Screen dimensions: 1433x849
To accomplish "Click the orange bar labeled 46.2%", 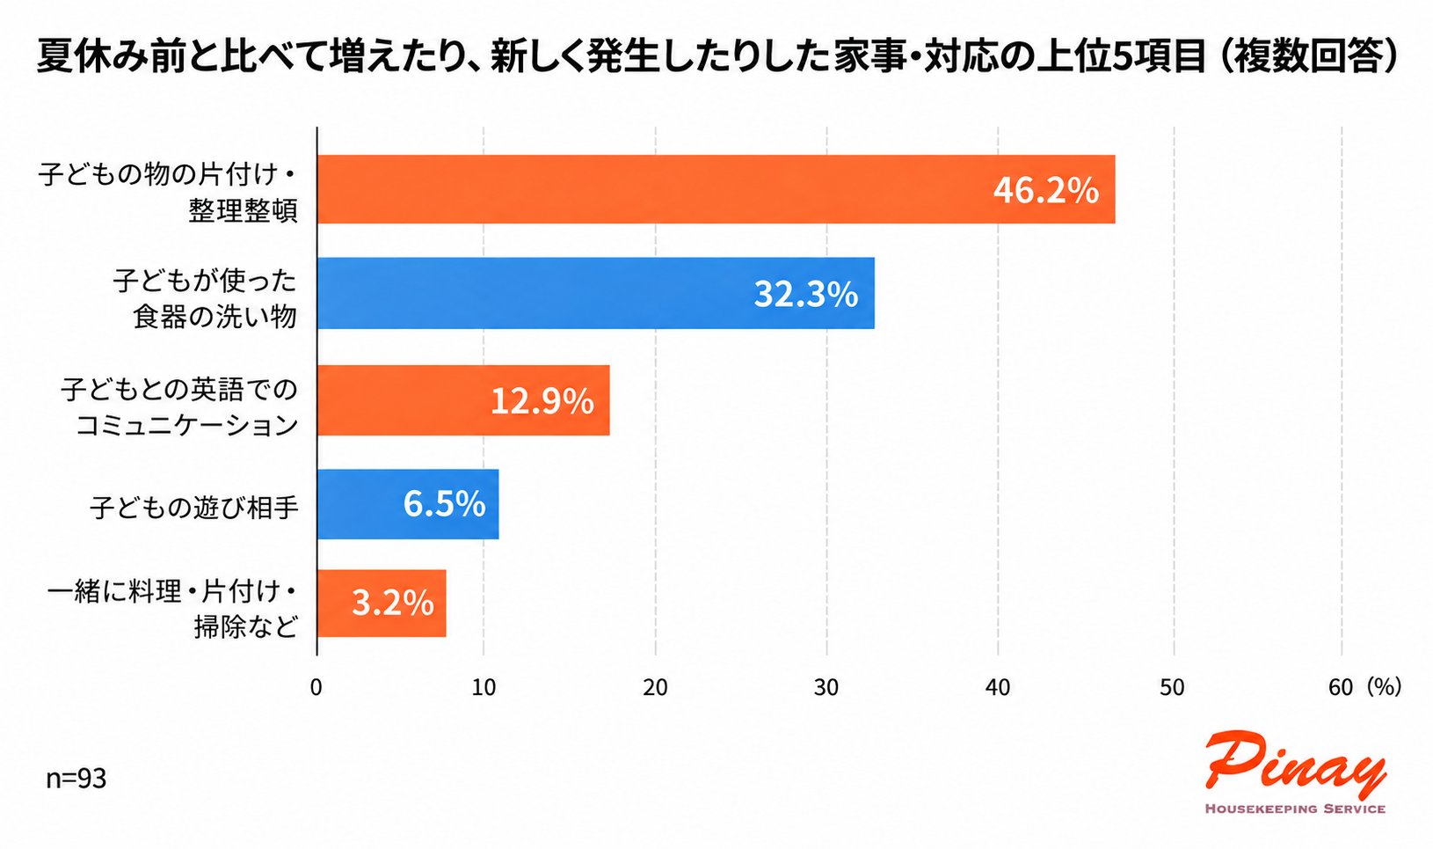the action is pyautogui.click(x=716, y=189).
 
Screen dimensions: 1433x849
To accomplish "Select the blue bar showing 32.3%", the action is pyautogui.click(x=596, y=293).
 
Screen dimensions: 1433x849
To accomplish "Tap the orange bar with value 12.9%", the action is pyautogui.click(x=464, y=400).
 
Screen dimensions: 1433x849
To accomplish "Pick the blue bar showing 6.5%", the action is pyautogui.click(x=408, y=504).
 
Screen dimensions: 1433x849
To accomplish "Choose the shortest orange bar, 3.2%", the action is pyautogui.click(x=382, y=604).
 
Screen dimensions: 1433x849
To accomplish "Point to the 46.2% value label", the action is pyautogui.click(x=1046, y=190).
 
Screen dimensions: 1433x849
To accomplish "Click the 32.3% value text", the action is pyautogui.click(x=806, y=294).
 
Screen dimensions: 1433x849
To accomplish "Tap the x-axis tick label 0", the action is pyautogui.click(x=316, y=688).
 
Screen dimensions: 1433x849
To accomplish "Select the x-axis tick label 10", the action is pyautogui.click(x=484, y=688).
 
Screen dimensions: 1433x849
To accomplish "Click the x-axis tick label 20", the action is pyautogui.click(x=655, y=688).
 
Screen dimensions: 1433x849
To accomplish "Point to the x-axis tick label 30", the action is pyautogui.click(x=826, y=688).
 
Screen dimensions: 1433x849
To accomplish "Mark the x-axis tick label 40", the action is pyautogui.click(x=997, y=688).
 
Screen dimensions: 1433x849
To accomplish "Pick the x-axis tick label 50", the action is pyautogui.click(x=1172, y=688).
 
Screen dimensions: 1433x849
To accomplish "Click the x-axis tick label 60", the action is pyautogui.click(x=1341, y=688).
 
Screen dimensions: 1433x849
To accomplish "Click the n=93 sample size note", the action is pyautogui.click(x=76, y=779).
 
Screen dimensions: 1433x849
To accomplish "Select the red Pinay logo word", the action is pyautogui.click(x=1296, y=765).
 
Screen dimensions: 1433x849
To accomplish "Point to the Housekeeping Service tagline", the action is pyautogui.click(x=1296, y=809).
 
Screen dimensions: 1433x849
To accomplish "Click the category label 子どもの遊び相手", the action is pyautogui.click(x=194, y=508).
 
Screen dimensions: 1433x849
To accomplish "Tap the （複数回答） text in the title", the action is pyautogui.click(x=1307, y=56).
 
